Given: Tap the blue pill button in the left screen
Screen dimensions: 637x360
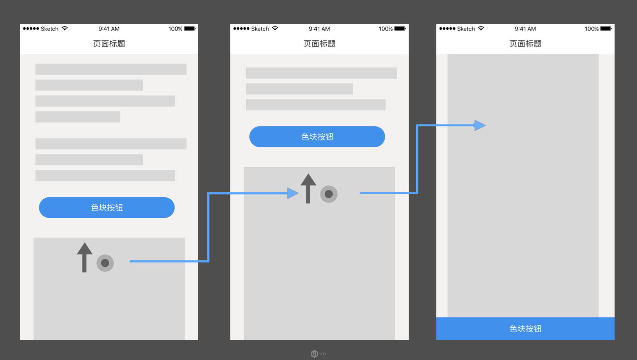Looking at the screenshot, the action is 107,207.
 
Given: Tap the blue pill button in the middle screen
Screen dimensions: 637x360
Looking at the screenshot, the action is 317,137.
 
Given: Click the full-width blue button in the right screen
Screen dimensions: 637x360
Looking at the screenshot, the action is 525,328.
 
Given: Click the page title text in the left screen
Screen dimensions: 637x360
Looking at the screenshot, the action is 109,44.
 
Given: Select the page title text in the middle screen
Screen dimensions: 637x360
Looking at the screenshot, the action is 319,44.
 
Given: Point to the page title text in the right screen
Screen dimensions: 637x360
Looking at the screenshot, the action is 525,44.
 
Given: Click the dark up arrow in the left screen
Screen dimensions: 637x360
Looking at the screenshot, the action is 84,257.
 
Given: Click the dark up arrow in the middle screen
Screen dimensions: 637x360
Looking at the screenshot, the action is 308,188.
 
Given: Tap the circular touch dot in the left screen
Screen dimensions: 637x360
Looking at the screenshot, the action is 105,263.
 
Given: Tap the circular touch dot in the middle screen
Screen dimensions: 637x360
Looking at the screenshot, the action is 329,194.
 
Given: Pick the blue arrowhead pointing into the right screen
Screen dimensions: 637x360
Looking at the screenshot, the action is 480,125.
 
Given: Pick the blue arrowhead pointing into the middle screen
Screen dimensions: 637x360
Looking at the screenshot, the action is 293,193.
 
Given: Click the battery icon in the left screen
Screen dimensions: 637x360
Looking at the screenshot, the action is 190,28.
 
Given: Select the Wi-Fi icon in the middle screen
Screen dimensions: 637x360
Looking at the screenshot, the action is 275,28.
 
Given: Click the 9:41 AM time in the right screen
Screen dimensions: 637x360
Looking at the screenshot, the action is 525,29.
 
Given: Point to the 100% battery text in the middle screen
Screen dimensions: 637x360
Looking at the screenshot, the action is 386,29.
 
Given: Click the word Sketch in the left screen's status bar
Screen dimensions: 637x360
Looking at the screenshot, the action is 50,29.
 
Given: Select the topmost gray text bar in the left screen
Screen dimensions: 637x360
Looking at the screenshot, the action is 111,69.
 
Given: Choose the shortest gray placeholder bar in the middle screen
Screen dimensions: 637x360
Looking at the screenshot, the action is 299,89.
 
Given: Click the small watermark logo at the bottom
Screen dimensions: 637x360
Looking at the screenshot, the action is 315,354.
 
